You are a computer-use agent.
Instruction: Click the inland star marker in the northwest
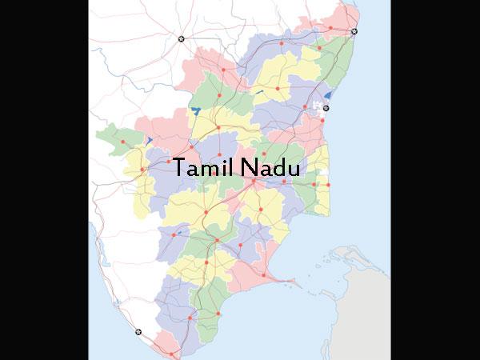182,39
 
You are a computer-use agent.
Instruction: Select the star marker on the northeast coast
354,31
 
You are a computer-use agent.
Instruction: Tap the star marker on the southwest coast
138,331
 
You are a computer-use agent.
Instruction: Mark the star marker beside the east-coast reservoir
326,107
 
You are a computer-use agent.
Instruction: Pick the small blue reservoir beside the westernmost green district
150,140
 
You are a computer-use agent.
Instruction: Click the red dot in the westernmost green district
123,142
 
